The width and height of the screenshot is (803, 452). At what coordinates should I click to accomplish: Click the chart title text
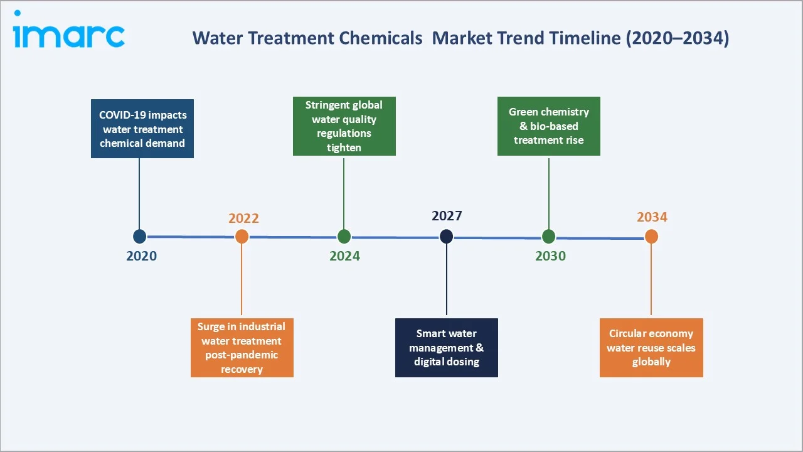[x=460, y=38]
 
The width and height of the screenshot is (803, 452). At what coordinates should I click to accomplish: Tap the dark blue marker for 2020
[x=139, y=236]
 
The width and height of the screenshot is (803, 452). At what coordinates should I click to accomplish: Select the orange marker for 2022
[x=242, y=236]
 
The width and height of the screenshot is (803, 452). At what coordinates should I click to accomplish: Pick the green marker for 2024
[x=344, y=236]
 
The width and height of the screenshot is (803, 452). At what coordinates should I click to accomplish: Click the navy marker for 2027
[x=446, y=236]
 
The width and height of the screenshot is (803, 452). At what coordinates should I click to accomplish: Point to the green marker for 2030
[x=548, y=236]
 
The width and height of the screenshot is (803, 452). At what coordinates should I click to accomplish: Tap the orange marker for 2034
[x=651, y=236]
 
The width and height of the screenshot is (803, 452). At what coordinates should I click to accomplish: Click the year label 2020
[x=141, y=256]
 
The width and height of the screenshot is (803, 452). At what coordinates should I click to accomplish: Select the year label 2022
[x=243, y=218]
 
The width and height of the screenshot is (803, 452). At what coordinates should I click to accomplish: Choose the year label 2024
[x=344, y=256]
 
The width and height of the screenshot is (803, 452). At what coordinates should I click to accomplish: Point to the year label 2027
[x=447, y=216]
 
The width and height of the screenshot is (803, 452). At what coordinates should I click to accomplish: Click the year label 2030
[x=550, y=256]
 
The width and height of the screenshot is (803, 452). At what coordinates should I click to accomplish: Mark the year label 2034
[x=652, y=217]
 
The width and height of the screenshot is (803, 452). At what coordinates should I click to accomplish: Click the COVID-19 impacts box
[x=142, y=129]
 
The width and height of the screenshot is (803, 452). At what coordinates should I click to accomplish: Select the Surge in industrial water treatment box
[x=242, y=348]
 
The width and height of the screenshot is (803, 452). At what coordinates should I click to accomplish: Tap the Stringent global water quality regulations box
[x=344, y=126]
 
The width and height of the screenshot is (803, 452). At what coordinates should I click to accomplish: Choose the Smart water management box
[x=446, y=348]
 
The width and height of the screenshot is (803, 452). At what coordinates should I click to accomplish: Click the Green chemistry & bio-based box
[x=548, y=126]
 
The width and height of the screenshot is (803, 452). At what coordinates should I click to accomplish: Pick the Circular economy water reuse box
[x=651, y=348]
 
